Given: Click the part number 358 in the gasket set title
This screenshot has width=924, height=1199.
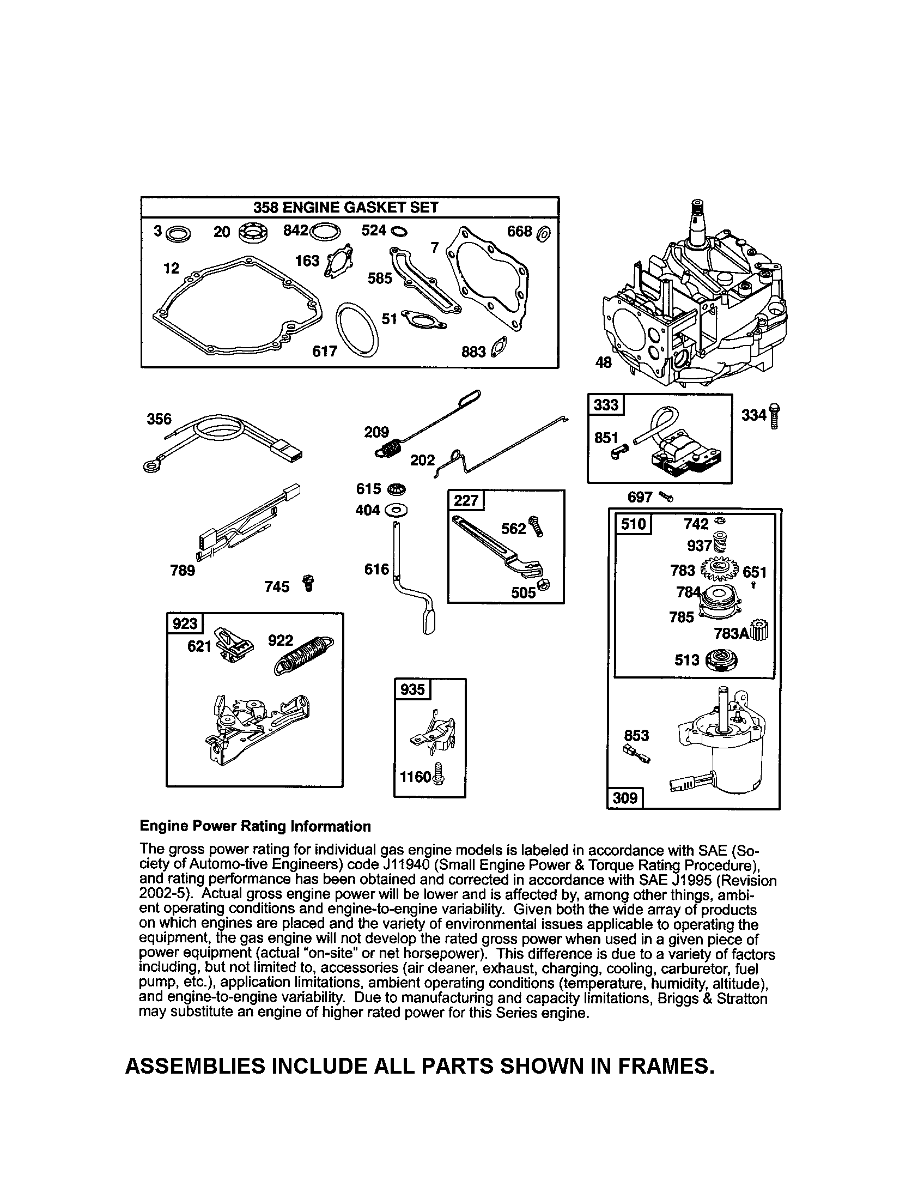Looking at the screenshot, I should tap(265, 208).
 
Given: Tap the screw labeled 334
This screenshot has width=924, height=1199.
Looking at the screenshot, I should tap(774, 416).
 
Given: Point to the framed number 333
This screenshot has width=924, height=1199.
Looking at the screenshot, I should tap(606, 405).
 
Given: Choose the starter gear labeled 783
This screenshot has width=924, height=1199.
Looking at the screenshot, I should tap(720, 569).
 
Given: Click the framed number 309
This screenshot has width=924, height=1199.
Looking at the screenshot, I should tap(624, 798).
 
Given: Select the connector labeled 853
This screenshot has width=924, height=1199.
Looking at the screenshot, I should tap(636, 754).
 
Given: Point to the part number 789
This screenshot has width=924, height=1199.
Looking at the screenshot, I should tap(182, 571).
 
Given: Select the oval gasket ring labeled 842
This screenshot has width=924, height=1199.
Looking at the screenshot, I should tap(325, 232).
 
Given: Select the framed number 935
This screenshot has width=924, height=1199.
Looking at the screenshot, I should tap(412, 689).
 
